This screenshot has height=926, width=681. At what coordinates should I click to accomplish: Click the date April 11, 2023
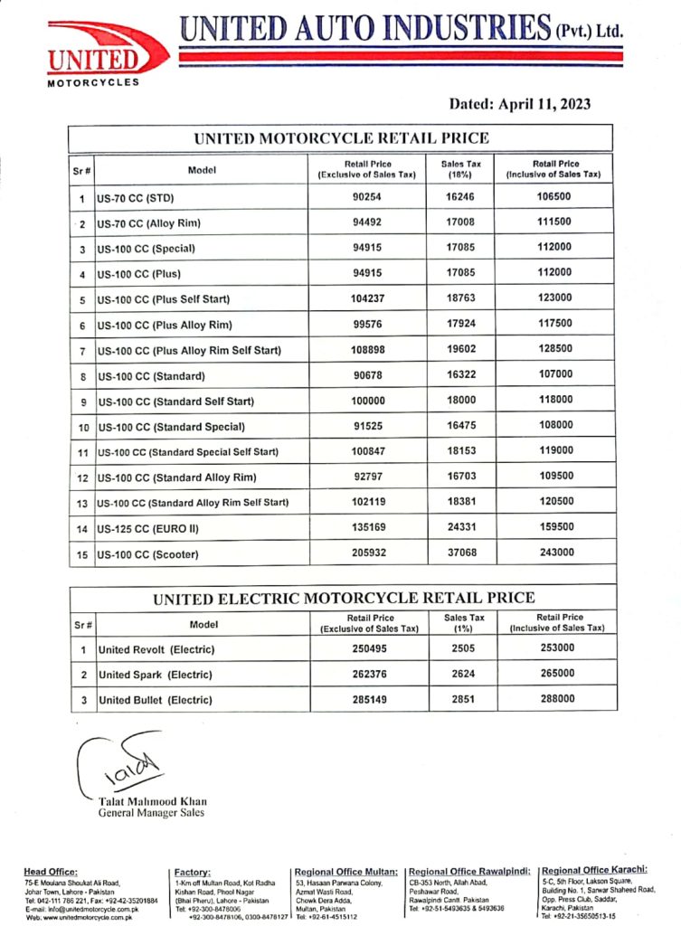coord(519,104)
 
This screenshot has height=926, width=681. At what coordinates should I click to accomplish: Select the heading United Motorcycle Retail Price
coord(341,138)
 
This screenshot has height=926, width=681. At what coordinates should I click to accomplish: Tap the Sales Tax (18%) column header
coord(460,169)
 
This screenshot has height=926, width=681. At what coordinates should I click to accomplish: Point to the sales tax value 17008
coord(460,222)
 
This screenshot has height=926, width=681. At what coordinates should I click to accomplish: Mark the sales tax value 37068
coord(460,553)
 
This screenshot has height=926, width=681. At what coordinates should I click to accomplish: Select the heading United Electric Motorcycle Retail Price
coord(344,598)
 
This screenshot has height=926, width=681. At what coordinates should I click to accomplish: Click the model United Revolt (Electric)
coord(156,648)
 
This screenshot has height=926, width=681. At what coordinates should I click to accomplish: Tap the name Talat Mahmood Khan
coord(150,800)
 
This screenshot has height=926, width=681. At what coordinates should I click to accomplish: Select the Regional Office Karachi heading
coord(594,871)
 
